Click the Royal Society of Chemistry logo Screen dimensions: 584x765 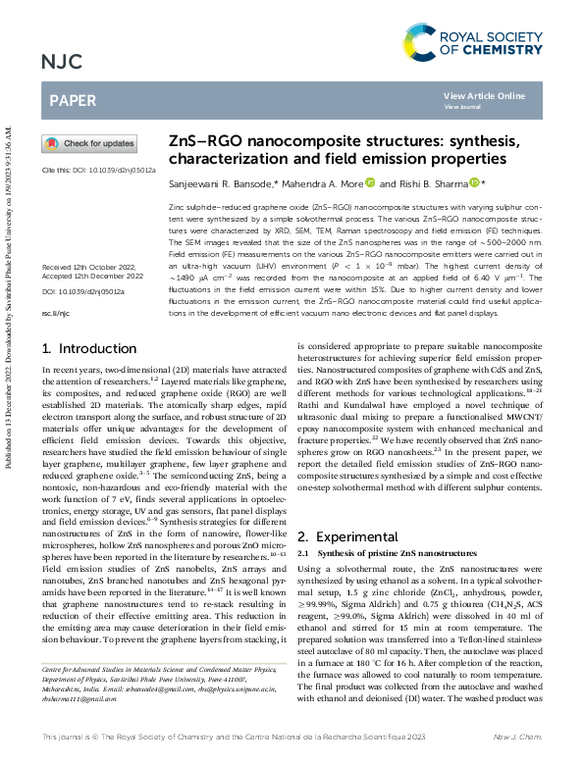coord(472,42)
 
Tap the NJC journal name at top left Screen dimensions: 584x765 coord(62,64)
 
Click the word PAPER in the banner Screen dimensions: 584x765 coord(72,100)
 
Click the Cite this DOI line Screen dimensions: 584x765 coord(99,170)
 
